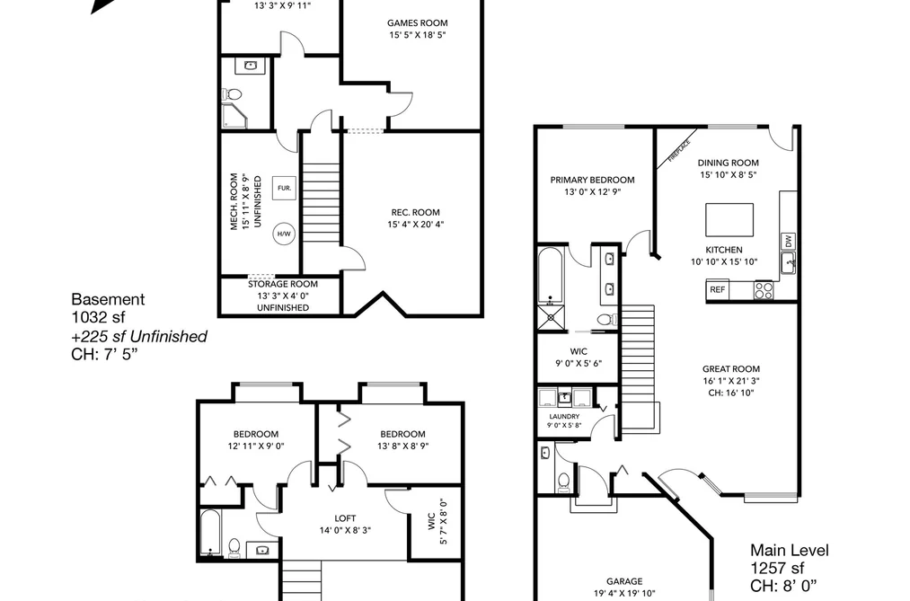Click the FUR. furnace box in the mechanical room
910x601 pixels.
click(x=285, y=188)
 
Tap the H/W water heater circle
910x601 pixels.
click(x=284, y=234)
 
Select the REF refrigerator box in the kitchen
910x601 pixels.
click(x=718, y=289)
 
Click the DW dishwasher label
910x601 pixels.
click(x=788, y=240)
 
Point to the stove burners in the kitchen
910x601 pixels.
click(x=764, y=290)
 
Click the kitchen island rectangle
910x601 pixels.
click(x=729, y=220)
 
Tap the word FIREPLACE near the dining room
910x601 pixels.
click(x=679, y=150)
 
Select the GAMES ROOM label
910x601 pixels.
click(x=418, y=23)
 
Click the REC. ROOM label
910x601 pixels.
click(x=415, y=212)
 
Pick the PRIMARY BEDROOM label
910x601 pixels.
click(x=592, y=180)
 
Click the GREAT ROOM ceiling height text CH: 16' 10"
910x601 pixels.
click(x=730, y=393)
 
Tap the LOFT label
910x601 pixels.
click(x=345, y=518)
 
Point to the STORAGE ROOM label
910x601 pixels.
click(x=283, y=284)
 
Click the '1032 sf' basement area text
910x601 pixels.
click(x=98, y=317)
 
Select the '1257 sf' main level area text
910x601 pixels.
click(x=777, y=568)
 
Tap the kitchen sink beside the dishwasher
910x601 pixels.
click(x=788, y=263)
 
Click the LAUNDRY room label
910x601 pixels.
click(x=564, y=417)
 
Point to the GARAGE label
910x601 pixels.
click(x=624, y=581)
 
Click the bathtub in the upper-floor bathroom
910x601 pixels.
click(x=211, y=532)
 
